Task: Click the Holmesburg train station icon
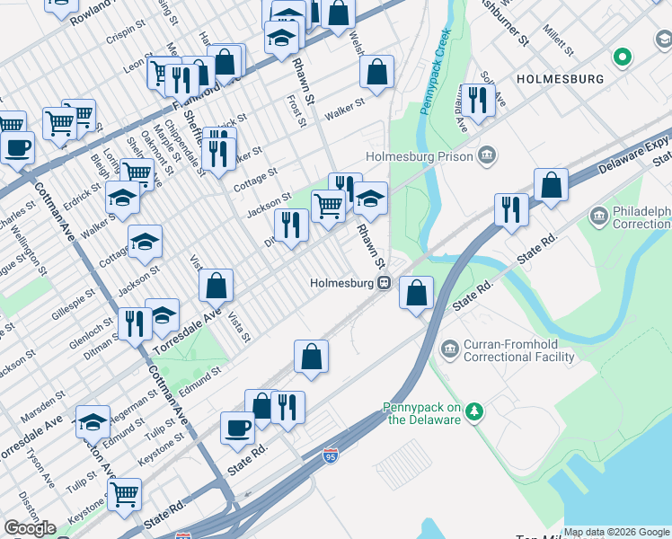point(384,283)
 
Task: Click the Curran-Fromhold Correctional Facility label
point(518,350)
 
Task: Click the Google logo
point(30,528)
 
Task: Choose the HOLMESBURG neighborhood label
point(560,79)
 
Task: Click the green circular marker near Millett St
point(621,58)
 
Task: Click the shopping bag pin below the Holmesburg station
point(416,293)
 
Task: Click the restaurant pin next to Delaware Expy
point(510,210)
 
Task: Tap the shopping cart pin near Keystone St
point(124,493)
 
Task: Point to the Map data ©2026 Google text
point(616,532)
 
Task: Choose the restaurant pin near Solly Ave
point(477,100)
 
